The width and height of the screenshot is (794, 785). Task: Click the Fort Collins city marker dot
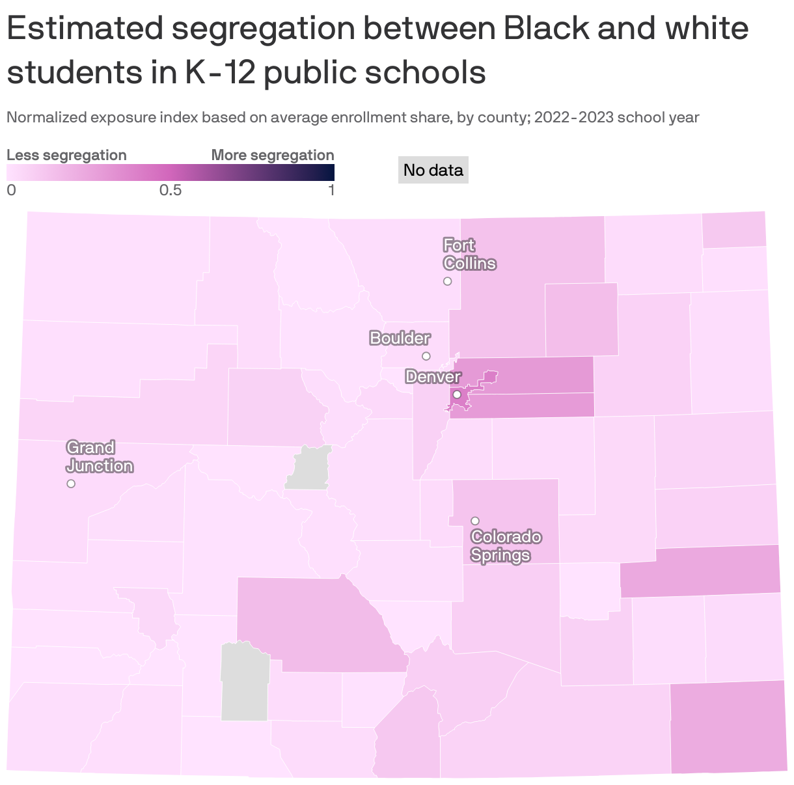(447, 281)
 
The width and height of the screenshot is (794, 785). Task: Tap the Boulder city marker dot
(426, 356)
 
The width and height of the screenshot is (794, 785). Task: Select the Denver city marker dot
(457, 394)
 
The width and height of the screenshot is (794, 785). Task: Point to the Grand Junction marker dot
(71, 484)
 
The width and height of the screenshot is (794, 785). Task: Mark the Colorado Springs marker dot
(475, 521)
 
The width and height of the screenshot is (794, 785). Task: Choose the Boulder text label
(400, 338)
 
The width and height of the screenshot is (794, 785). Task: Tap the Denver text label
(433, 377)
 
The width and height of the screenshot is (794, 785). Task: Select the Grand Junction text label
(100, 457)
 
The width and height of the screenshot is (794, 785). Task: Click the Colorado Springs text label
(506, 546)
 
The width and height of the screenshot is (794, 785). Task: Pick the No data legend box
(433, 171)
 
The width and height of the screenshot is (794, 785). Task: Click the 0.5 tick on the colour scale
(170, 190)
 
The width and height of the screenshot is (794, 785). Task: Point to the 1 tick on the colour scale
(331, 190)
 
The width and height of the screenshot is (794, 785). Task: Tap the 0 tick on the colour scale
(11, 190)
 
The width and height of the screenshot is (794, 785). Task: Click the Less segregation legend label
(66, 155)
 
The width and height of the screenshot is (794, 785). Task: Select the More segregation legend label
(273, 155)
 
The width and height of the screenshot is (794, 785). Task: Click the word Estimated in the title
(84, 29)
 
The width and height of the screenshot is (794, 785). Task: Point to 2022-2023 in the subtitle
(575, 118)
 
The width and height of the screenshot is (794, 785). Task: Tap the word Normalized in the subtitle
(46, 118)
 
